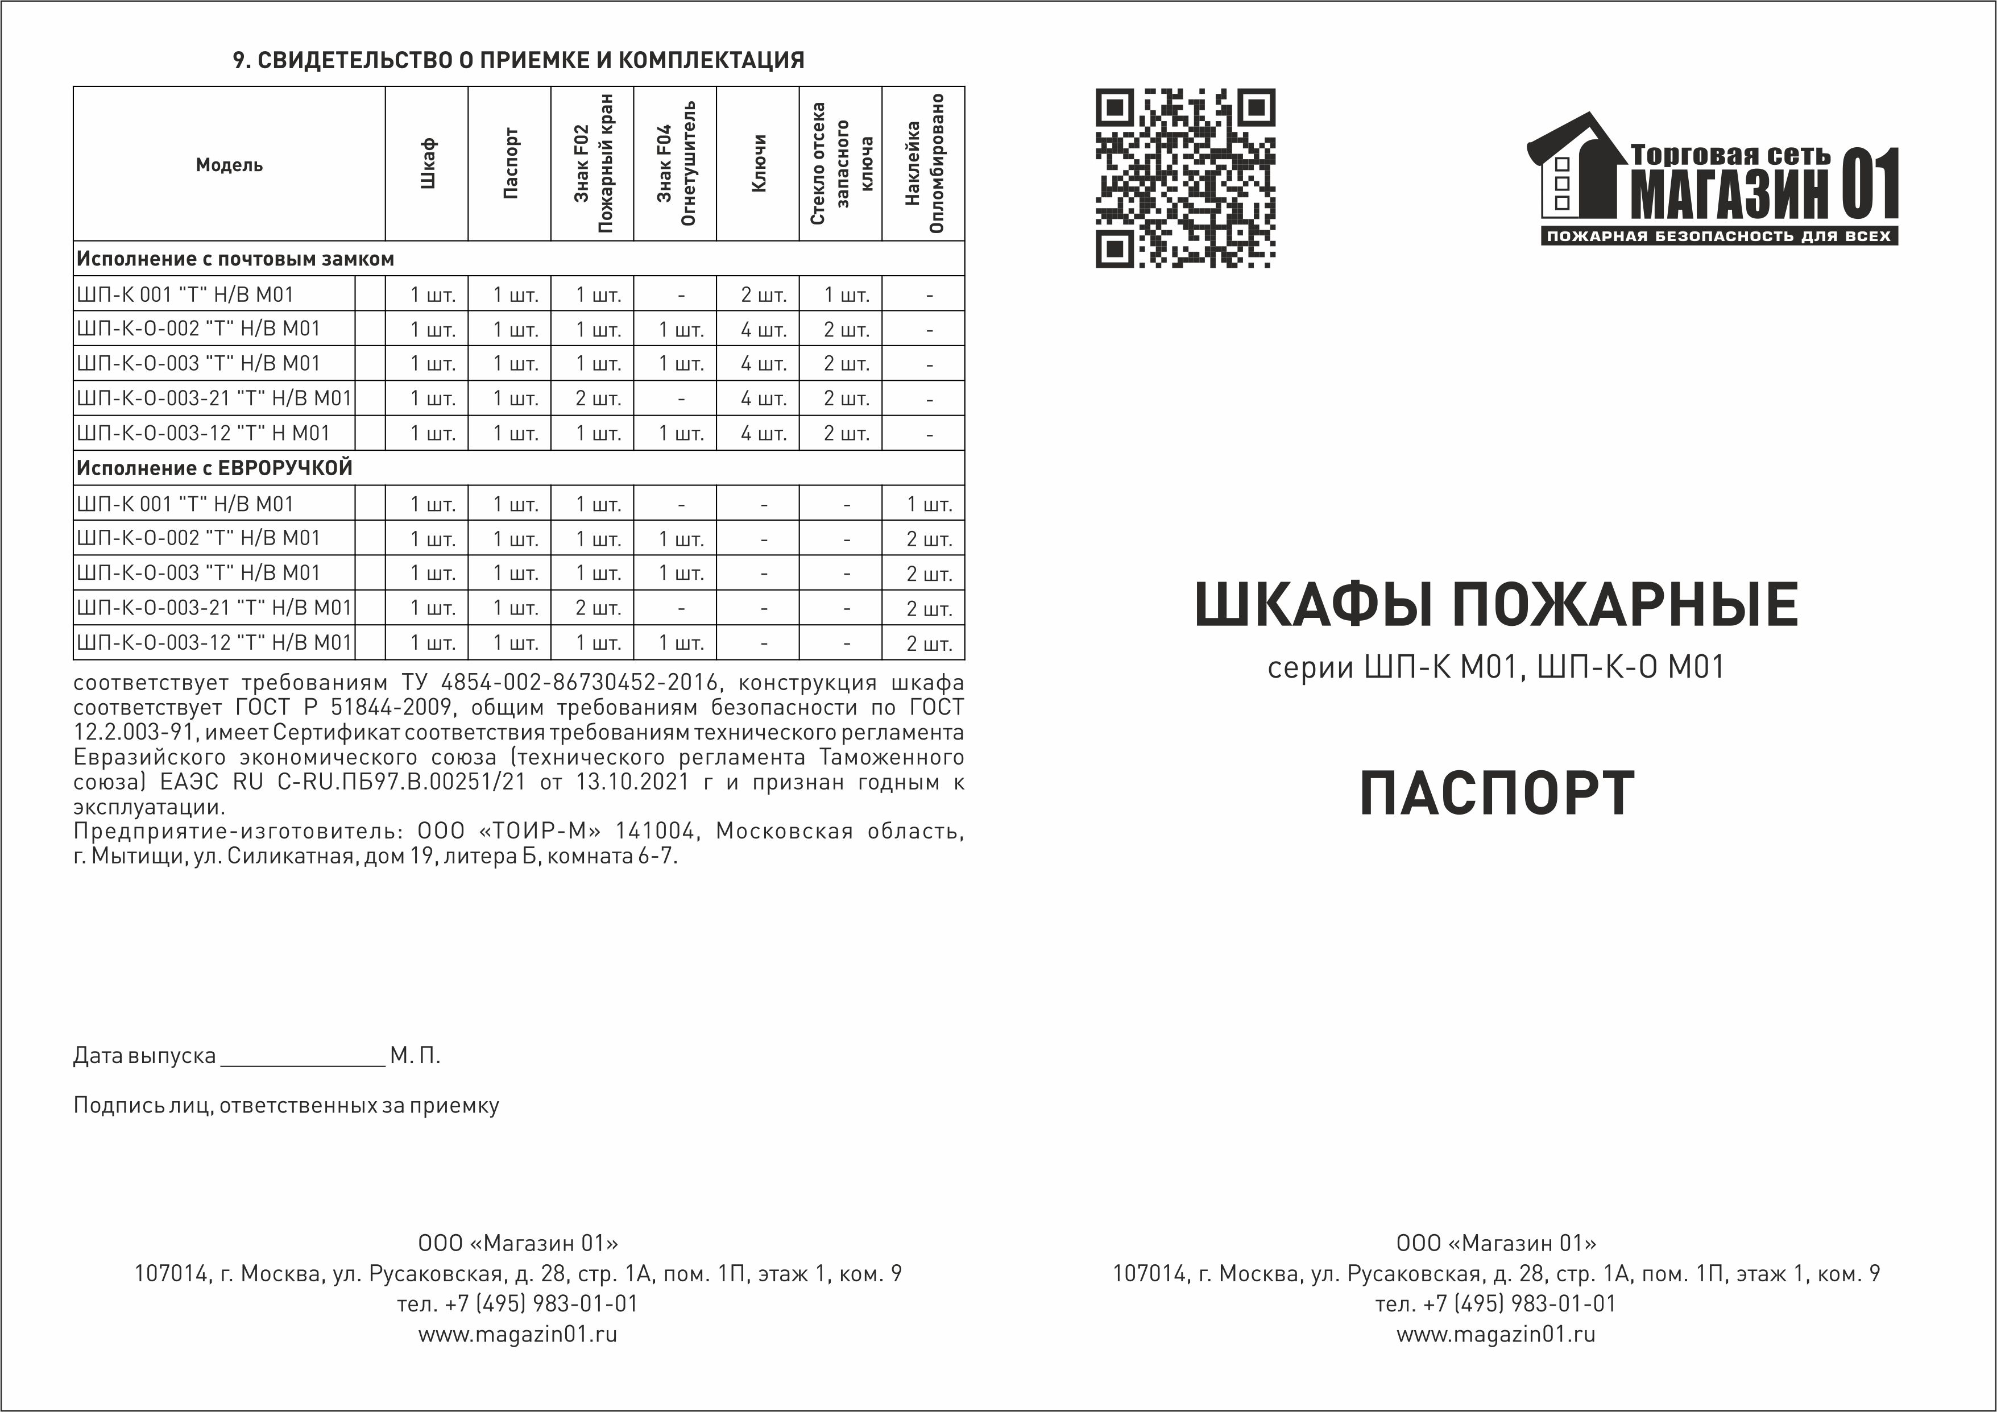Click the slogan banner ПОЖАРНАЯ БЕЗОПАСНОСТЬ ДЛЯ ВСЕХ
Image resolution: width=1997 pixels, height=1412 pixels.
1719,236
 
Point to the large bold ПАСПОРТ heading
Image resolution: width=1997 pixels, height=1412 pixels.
1496,793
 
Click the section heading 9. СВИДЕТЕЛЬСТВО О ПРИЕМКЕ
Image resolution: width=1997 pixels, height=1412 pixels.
519,60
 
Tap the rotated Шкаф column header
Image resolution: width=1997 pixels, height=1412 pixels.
427,164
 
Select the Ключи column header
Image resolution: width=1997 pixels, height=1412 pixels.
757,164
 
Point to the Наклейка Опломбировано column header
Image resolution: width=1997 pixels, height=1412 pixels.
923,164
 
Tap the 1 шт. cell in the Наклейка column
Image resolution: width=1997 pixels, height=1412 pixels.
929,504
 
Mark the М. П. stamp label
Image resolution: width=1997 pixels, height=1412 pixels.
415,1056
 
